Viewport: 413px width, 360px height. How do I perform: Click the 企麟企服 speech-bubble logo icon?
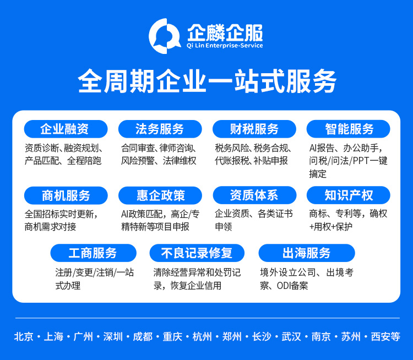tap(165, 36)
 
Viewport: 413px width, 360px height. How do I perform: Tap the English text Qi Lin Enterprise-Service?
tap(225, 46)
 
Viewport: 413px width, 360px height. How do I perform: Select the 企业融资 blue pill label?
tap(65, 129)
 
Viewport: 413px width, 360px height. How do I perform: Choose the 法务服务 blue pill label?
tap(160, 129)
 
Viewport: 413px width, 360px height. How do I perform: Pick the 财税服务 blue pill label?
tap(254, 129)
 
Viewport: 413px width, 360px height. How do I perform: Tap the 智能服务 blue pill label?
tap(349, 129)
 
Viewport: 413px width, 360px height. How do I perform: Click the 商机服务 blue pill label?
tap(66, 195)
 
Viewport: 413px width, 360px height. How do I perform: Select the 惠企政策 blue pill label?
tap(160, 195)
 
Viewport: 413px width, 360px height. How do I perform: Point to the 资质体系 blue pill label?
tap(254, 195)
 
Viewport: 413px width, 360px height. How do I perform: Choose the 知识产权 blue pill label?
tap(349, 195)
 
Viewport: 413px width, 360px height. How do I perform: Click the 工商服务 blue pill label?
tap(93, 253)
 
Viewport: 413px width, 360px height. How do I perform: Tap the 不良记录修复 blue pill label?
tap(197, 253)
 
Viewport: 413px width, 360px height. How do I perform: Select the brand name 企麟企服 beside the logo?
tap(225, 32)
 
